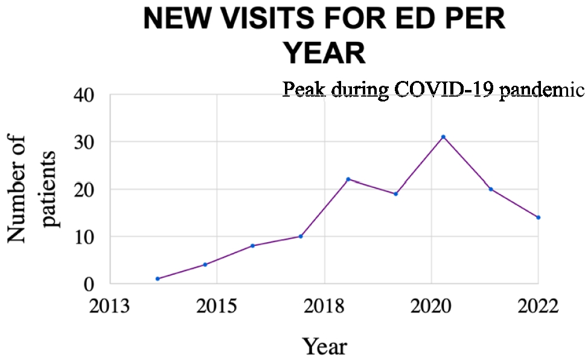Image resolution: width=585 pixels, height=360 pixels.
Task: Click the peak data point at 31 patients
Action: click(x=443, y=137)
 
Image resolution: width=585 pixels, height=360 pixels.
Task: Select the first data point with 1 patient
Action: click(x=158, y=278)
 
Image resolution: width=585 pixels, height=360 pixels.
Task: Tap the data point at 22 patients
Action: click(x=348, y=179)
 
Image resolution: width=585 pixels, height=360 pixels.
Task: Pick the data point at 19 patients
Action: click(x=395, y=194)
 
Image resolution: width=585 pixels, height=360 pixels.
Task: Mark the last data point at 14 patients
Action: click(x=538, y=217)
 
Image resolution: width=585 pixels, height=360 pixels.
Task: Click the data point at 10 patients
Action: click(x=301, y=236)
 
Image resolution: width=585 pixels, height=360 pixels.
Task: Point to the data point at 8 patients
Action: click(x=252, y=246)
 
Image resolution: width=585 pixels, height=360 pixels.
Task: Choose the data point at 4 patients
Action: click(x=205, y=265)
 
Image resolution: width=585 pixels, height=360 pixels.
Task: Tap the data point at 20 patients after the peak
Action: click(x=491, y=189)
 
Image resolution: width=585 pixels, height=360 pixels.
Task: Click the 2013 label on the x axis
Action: click(x=109, y=306)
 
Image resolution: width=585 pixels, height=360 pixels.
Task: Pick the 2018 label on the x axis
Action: click(x=324, y=306)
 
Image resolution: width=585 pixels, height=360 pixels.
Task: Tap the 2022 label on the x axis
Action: click(x=538, y=306)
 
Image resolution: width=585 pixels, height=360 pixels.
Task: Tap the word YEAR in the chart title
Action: click(x=325, y=54)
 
